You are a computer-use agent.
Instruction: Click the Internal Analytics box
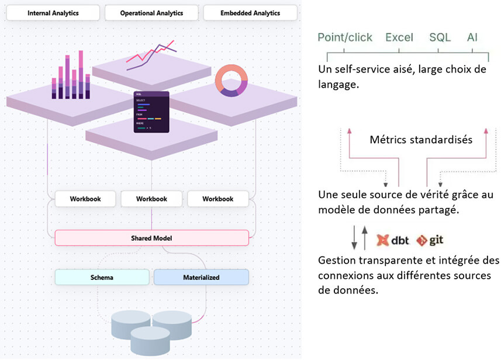[53, 13]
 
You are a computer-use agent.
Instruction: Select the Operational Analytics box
[151, 13]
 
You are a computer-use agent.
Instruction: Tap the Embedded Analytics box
[250, 13]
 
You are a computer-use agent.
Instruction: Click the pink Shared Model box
[151, 238]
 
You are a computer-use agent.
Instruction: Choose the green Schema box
[102, 277]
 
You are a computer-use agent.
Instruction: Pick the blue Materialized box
[201, 277]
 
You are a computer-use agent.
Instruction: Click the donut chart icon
[231, 81]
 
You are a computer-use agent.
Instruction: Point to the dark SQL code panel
[151, 111]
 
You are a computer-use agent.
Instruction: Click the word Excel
[399, 37]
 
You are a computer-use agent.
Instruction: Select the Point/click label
[345, 37]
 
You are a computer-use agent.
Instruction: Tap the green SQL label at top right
[440, 37]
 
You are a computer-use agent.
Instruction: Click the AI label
[472, 37]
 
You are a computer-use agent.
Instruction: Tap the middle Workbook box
[151, 199]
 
